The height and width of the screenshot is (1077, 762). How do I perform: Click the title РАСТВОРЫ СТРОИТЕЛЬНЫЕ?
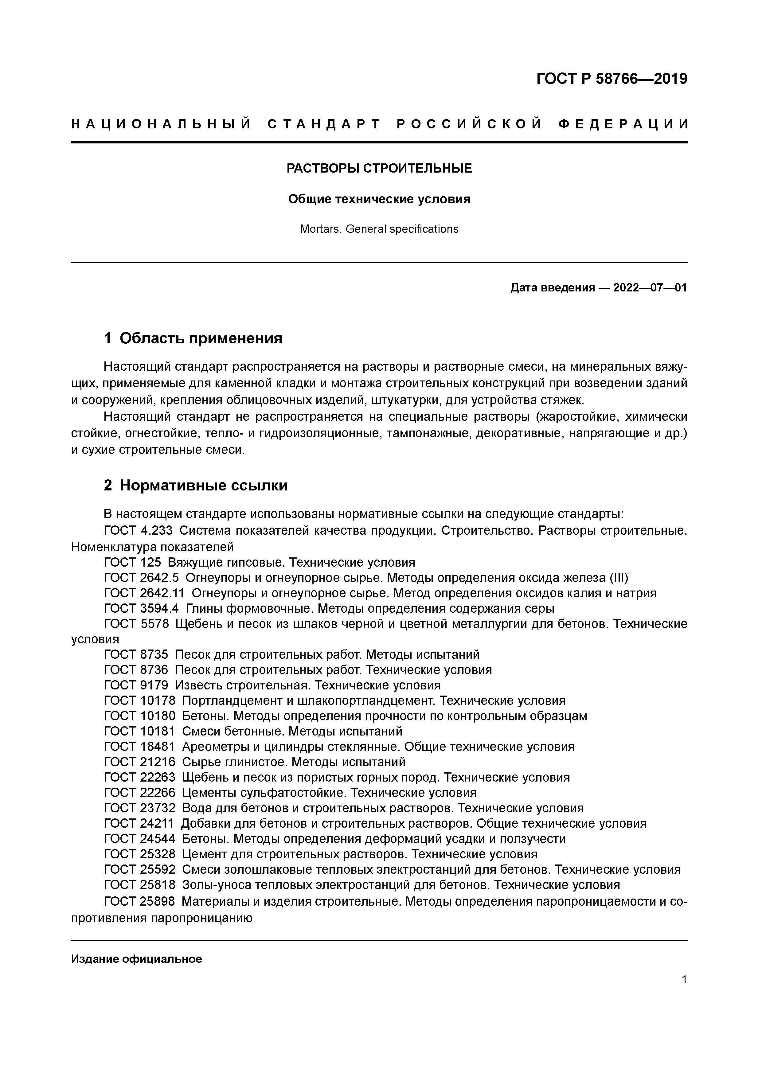379,168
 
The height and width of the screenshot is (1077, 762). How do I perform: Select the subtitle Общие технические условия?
379,199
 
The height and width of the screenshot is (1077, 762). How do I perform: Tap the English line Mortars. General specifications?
379,229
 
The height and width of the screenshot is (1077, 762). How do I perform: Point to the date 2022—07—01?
650,287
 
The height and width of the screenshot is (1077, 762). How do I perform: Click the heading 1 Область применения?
193,338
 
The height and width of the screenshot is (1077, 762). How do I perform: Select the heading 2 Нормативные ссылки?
196,486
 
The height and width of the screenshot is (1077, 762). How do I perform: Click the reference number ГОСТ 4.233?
138,531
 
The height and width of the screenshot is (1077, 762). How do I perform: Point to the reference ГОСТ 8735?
136,654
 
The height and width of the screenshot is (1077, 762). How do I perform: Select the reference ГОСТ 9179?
136,685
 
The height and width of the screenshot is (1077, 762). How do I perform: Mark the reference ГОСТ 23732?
139,808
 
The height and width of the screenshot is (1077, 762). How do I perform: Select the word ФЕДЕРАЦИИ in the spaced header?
624,124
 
